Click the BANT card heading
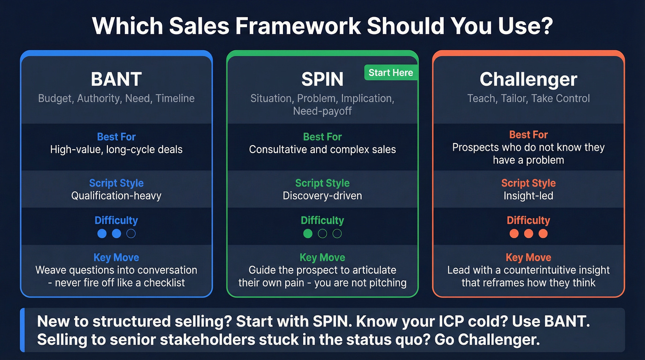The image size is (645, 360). coord(116,79)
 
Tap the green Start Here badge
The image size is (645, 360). coord(391,72)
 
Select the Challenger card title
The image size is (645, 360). coord(528,79)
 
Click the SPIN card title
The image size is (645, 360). coord(322,79)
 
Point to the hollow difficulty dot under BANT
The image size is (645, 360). coord(131,234)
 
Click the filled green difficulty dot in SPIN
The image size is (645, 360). coord(308,234)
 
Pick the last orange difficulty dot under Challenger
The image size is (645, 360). coord(543,234)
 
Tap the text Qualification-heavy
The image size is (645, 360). coord(116,196)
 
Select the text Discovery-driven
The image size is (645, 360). coord(322,196)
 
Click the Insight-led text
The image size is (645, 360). coord(528,196)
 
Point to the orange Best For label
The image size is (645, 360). coord(528,135)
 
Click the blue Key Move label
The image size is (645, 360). coord(116,258)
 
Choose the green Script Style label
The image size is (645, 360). coord(322,183)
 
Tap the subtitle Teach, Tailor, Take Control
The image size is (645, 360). coord(528,98)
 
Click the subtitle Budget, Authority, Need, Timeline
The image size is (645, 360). coord(116,98)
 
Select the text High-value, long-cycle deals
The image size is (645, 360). coord(116,149)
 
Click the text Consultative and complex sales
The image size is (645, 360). coord(322,149)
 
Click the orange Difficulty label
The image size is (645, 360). coord(528,220)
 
